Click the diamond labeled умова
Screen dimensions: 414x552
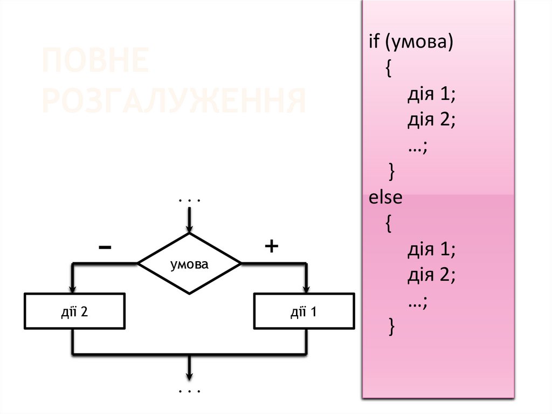pyautogui.click(x=189, y=264)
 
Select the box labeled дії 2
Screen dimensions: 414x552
pyautogui.click(x=75, y=311)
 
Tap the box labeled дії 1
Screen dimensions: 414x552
pyautogui.click(x=304, y=311)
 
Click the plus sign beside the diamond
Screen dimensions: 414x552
pyautogui.click(x=271, y=247)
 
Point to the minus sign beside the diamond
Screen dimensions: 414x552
pyautogui.click(x=105, y=248)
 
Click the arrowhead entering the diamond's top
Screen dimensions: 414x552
pyautogui.click(x=189, y=228)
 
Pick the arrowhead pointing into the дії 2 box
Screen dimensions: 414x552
pyautogui.click(x=73, y=288)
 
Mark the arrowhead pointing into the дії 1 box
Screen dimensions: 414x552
pyautogui.click(x=306, y=288)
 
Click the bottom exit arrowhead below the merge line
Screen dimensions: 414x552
pyautogui.click(x=189, y=376)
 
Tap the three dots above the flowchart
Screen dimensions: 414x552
pyautogui.click(x=189, y=201)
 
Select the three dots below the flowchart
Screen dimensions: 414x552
pyautogui.click(x=189, y=390)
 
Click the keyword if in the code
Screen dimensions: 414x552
pyautogui.click(x=374, y=43)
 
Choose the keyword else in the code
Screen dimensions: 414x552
pyautogui.click(x=385, y=198)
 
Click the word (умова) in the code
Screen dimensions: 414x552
pyautogui.click(x=418, y=44)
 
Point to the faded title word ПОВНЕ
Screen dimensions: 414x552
pyautogui.click(x=95, y=62)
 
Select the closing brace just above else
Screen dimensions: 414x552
pyautogui.click(x=391, y=172)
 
